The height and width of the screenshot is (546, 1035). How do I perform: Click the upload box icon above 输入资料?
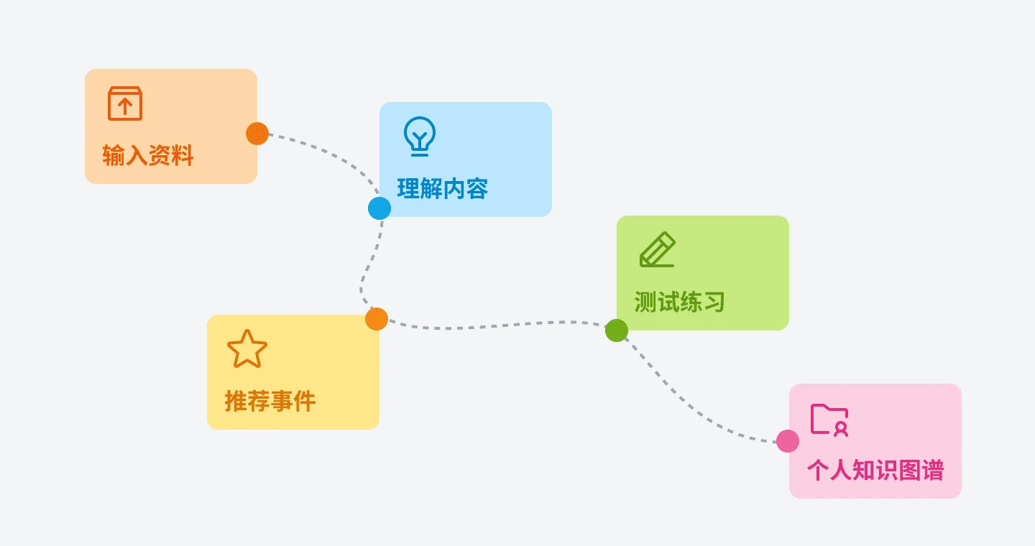[125, 103]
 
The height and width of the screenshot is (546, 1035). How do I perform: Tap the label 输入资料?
[148, 155]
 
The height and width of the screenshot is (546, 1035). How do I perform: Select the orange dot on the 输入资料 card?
[257, 134]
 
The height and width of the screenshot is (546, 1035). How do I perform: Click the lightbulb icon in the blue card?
[420, 136]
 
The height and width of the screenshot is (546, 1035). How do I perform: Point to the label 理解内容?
[443, 188]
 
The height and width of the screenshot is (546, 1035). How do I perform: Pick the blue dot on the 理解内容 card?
[379, 208]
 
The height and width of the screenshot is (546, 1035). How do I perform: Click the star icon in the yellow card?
[247, 348]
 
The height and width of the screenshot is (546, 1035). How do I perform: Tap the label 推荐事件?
[270, 401]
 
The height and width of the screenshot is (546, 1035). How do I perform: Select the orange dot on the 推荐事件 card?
[377, 319]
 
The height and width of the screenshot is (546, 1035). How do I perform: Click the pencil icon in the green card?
[658, 249]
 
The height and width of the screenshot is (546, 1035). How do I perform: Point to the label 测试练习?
[680, 302]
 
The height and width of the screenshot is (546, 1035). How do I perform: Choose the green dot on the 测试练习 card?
[617, 330]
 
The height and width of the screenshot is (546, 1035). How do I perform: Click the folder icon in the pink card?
[829, 420]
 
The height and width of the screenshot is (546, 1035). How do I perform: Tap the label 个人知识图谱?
[875, 471]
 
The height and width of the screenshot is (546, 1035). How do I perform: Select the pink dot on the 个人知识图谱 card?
[788, 440]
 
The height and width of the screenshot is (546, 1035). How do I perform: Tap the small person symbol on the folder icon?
[842, 429]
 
